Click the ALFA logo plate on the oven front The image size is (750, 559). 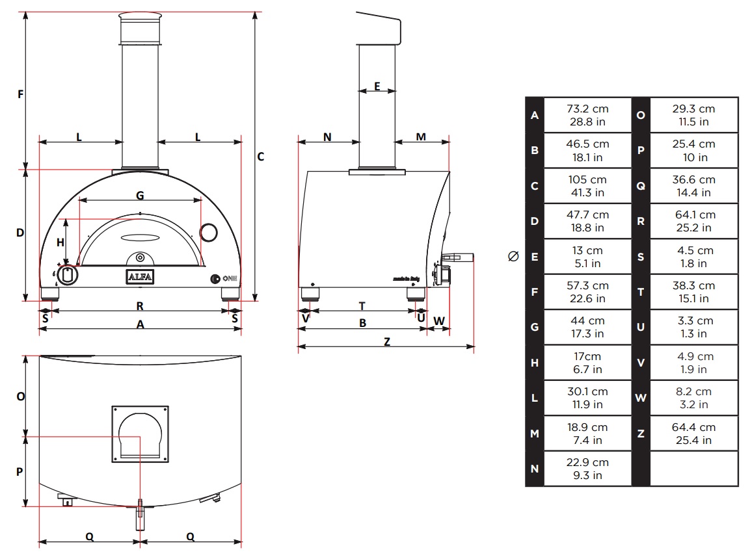click(140, 277)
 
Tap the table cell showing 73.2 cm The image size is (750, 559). click(587, 115)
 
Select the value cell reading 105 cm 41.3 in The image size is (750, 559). click(587, 186)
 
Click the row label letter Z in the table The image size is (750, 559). click(641, 434)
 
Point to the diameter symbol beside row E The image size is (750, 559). click(513, 257)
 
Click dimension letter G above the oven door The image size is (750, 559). click(140, 196)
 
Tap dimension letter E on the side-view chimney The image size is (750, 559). click(377, 86)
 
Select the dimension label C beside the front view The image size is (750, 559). click(261, 157)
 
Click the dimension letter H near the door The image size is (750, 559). click(60, 242)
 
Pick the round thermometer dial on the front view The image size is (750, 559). click(208, 233)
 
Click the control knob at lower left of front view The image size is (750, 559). click(68, 275)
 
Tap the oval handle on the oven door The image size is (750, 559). click(140, 237)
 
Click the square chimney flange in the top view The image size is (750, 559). click(140, 434)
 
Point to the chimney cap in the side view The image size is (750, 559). click(379, 28)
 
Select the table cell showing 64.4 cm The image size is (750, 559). click(693, 434)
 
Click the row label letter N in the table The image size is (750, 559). click(535, 469)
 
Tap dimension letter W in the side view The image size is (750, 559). click(439, 320)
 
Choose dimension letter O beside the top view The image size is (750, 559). click(21, 396)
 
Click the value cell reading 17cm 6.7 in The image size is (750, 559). click(587, 363)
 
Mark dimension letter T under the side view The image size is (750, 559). click(362, 305)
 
